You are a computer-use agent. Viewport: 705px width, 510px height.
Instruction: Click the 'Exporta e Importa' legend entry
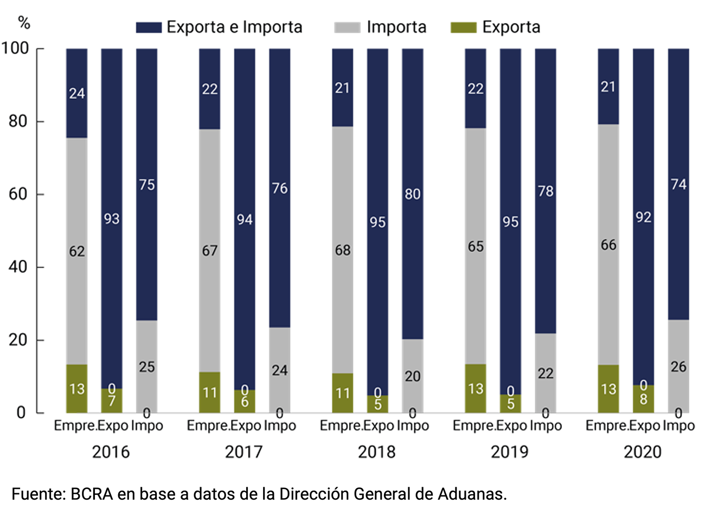[234, 27]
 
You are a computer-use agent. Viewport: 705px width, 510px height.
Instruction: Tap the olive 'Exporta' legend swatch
[463, 27]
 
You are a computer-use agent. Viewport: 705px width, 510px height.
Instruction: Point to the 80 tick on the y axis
[18, 121]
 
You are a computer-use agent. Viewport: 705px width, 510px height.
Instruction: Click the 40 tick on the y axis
[18, 267]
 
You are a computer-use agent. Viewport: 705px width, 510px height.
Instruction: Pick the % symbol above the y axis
[24, 23]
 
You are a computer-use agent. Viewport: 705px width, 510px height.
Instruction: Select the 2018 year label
[376, 451]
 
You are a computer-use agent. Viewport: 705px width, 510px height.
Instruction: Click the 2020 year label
[642, 451]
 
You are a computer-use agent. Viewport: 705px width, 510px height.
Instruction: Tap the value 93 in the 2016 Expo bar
[112, 219]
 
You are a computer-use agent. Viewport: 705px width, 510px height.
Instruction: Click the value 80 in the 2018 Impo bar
[412, 194]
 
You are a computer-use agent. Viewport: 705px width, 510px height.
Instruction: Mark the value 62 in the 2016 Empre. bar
[77, 251]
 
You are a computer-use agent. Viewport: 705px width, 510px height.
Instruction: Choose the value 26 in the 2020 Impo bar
[678, 367]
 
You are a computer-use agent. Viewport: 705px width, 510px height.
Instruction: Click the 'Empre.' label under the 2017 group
[207, 426]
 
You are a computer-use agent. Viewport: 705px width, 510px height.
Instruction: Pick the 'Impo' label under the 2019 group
[546, 426]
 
